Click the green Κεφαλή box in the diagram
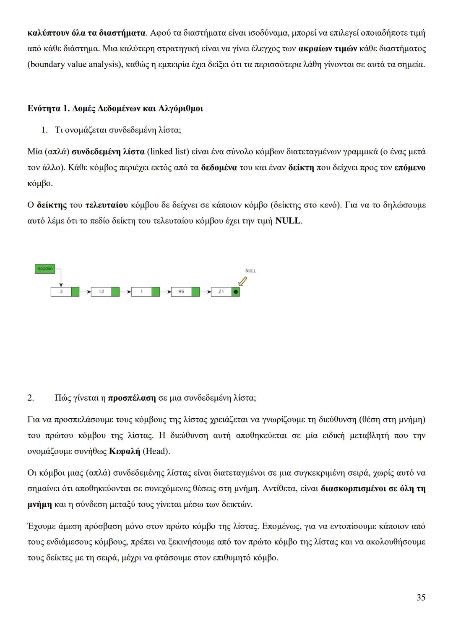point(44,269)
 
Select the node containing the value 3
point(61,292)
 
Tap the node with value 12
point(102,292)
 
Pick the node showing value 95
point(181,292)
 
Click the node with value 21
point(221,292)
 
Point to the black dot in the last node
point(236,292)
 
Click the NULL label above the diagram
point(250,271)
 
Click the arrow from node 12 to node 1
point(125,292)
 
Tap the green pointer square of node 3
point(75,292)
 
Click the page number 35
point(421,597)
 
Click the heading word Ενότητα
point(44,109)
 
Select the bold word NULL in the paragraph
point(288,221)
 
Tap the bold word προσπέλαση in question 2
point(132,398)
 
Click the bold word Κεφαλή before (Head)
point(125,451)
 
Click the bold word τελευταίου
point(106,205)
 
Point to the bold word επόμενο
point(410,168)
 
